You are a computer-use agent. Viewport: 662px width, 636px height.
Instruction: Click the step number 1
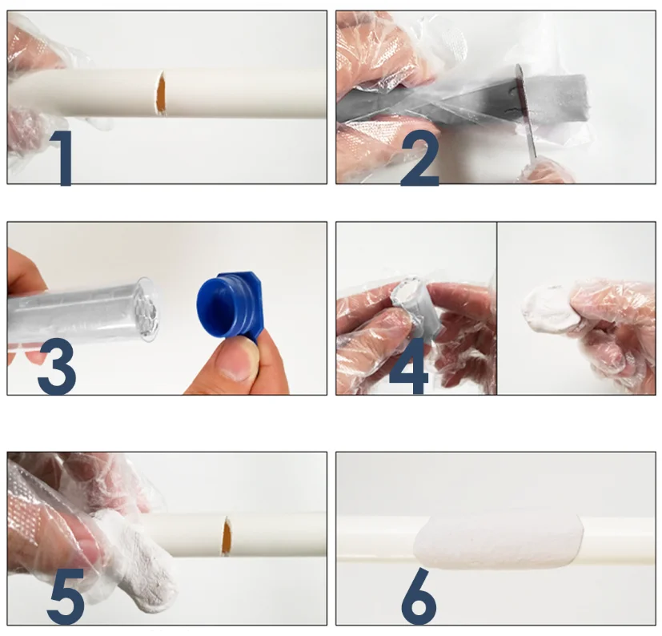point(62,158)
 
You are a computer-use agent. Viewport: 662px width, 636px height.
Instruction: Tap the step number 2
point(420,158)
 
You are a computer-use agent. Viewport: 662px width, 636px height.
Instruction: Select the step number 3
point(57,367)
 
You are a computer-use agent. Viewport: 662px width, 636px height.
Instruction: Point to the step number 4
point(409,367)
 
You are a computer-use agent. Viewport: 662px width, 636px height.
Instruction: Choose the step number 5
point(66,596)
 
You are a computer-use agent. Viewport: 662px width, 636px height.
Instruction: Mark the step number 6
point(419,596)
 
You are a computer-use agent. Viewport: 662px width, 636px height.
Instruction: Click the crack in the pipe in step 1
point(161,93)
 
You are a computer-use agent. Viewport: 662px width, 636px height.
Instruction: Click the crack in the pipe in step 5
point(227,536)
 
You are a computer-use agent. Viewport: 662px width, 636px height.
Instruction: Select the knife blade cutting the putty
point(526,111)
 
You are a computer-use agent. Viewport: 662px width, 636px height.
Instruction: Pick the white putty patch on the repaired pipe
point(499,541)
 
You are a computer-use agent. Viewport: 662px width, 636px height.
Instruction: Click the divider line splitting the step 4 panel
point(497,308)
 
